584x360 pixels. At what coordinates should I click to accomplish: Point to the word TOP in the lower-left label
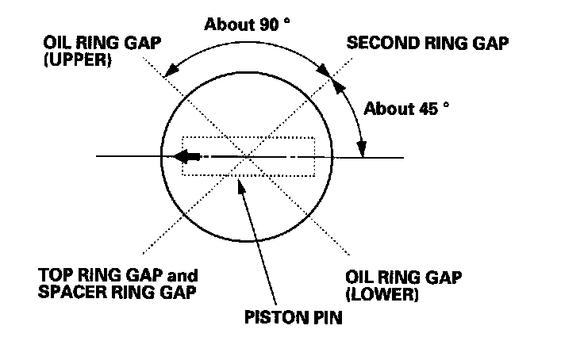54,276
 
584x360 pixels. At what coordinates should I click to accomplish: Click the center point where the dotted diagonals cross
248,157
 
